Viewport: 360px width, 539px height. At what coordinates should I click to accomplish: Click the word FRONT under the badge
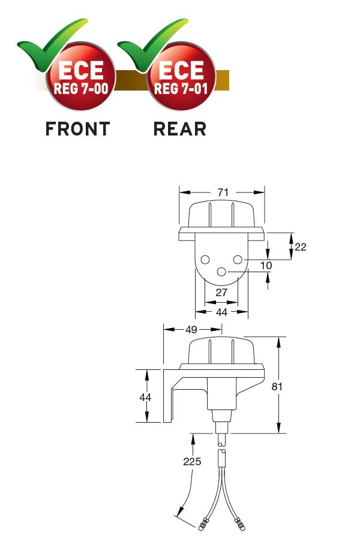(78, 129)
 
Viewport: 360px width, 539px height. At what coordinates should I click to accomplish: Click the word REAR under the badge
(179, 129)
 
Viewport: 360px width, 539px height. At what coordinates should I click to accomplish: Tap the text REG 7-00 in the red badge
(81, 89)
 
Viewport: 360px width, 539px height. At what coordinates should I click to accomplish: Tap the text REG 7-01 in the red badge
(181, 89)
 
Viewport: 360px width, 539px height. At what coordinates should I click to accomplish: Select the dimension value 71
(223, 192)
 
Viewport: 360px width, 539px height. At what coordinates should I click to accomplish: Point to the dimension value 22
(300, 247)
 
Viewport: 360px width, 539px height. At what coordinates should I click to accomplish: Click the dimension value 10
(266, 266)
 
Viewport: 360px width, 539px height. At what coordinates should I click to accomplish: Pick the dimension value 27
(221, 292)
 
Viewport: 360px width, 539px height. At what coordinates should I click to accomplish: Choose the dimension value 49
(191, 330)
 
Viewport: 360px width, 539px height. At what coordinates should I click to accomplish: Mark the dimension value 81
(277, 386)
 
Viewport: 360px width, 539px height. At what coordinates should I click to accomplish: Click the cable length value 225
(192, 461)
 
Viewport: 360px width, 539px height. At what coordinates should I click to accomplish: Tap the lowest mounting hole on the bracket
(221, 272)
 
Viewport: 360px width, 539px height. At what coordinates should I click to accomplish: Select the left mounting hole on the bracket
(205, 260)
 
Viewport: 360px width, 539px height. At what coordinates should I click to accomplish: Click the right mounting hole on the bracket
(238, 260)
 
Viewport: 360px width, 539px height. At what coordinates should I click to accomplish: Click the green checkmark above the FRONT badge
(52, 45)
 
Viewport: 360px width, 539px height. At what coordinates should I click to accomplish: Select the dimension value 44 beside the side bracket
(145, 397)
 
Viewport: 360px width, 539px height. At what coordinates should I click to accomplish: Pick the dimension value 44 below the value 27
(221, 312)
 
